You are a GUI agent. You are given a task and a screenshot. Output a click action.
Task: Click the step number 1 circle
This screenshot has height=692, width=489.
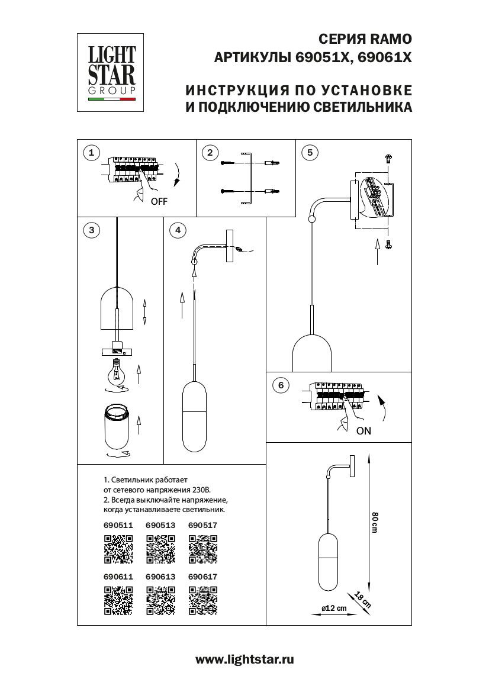click(x=91, y=153)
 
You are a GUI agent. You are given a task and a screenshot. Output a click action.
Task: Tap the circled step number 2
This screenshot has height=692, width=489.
click(x=210, y=153)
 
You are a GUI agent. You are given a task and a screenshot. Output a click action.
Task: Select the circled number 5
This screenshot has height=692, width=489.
click(x=308, y=153)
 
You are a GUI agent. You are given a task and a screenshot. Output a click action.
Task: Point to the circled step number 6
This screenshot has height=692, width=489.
click(x=281, y=385)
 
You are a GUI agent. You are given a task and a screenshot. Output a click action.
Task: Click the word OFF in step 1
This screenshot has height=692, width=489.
click(x=159, y=201)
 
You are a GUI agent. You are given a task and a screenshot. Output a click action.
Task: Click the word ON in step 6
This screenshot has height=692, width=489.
click(x=363, y=431)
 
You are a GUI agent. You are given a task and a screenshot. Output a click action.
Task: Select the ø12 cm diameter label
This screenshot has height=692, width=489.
click(x=333, y=609)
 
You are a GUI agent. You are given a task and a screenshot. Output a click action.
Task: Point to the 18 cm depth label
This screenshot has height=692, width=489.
click(x=362, y=600)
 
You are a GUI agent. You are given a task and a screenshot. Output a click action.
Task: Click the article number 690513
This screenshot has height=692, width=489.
click(x=160, y=525)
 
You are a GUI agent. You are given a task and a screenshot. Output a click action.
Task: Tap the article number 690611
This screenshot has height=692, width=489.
click(x=118, y=575)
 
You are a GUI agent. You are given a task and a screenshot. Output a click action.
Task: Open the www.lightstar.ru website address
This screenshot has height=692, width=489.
click(x=244, y=659)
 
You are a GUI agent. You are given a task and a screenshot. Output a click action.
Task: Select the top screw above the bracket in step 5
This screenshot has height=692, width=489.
click(x=389, y=158)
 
